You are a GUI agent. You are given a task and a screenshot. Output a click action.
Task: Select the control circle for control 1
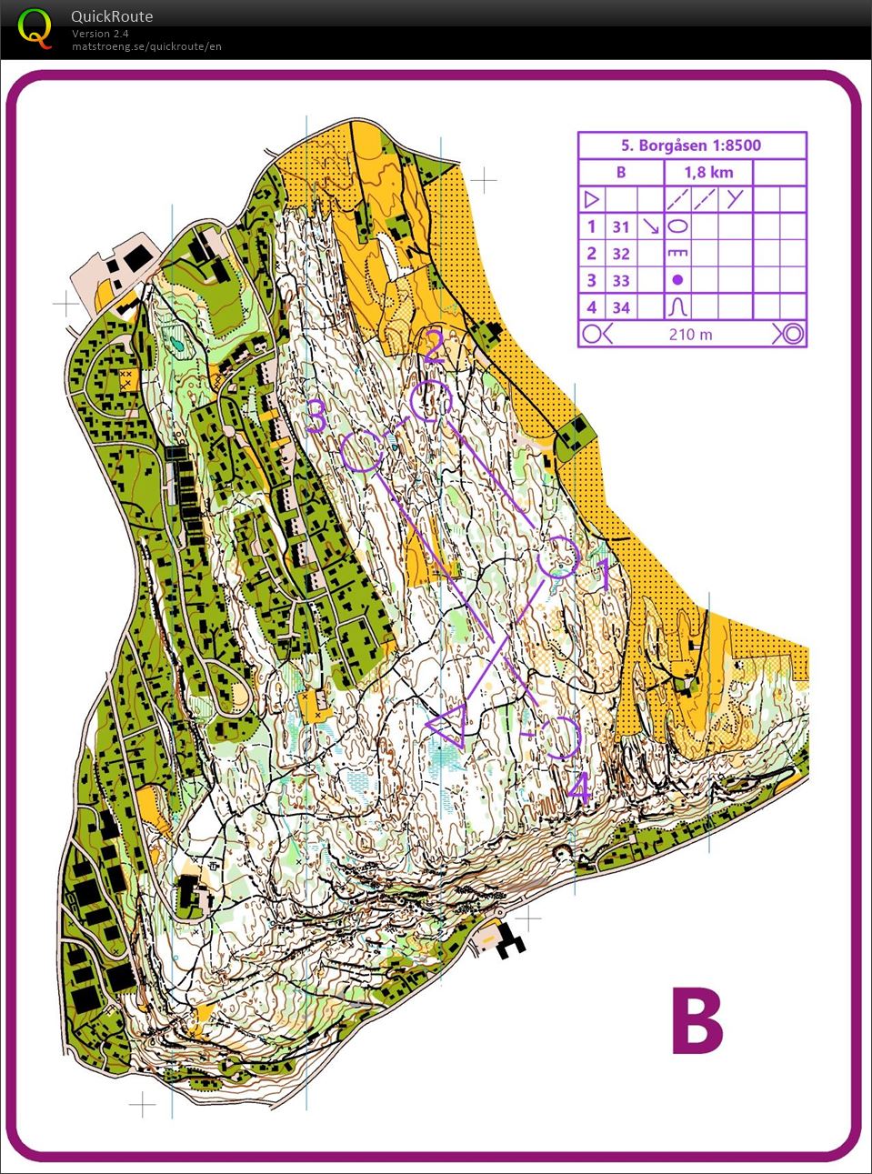tap(557, 557)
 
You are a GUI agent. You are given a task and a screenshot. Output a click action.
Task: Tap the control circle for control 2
tap(430, 401)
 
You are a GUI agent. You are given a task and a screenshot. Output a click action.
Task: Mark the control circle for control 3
tap(363, 451)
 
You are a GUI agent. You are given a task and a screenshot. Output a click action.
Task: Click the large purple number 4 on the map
tap(578, 788)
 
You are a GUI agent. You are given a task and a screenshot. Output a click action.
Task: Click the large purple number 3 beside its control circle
tap(316, 416)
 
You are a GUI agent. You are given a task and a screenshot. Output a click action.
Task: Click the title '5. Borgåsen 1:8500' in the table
tap(691, 145)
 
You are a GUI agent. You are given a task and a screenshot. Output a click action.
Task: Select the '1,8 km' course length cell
tap(708, 173)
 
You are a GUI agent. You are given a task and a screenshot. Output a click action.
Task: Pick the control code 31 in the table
tap(621, 227)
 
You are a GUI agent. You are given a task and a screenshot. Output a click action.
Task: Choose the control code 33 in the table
tap(621, 281)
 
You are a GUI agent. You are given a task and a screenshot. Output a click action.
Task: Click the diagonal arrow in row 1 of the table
tap(650, 226)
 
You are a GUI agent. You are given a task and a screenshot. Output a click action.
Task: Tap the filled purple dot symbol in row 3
tap(677, 280)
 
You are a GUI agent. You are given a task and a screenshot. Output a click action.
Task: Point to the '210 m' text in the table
tap(691, 335)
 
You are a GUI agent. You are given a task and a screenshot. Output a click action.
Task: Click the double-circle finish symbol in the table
tap(790, 334)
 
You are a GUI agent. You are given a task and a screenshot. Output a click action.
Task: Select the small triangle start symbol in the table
tap(591, 199)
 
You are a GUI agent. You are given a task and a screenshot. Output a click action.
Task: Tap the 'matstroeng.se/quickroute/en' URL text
tap(146, 46)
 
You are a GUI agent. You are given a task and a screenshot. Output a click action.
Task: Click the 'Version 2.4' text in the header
tap(100, 34)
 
